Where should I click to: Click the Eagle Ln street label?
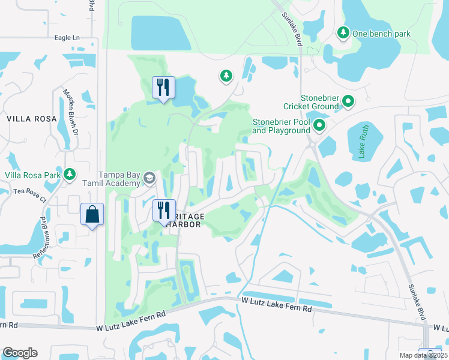[67, 37]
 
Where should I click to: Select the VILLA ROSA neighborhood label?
[32, 119]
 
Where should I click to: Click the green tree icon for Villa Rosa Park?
[70, 174]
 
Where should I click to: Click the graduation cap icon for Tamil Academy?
[149, 178]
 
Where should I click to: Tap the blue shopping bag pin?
[92, 214]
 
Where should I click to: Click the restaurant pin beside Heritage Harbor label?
[163, 211]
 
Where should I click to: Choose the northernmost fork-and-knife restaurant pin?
[163, 88]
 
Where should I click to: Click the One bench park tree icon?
[343, 33]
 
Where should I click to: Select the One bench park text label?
[381, 34]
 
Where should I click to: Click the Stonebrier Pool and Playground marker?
[319, 125]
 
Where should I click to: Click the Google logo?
[20, 353]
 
